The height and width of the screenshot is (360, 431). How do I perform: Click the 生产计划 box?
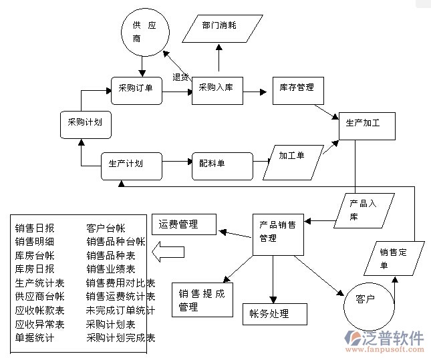pyautogui.click(x=132, y=165)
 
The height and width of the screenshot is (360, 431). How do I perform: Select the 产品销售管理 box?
pyautogui.click(x=277, y=233)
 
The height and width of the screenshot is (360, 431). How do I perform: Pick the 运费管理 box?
pyautogui.click(x=184, y=224)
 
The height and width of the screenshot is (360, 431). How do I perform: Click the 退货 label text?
pyautogui.click(x=180, y=77)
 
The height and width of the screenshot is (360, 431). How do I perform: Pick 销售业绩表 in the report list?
pyautogui.click(x=110, y=269)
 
